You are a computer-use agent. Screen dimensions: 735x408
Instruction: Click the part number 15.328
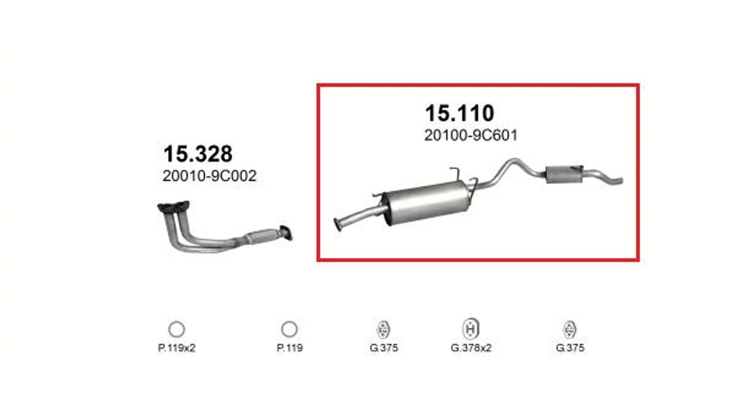(x=198, y=154)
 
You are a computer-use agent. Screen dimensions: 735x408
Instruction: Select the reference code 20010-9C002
(x=210, y=176)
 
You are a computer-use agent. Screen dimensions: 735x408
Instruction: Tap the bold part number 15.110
(x=459, y=113)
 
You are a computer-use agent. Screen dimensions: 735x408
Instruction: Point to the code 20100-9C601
(x=471, y=135)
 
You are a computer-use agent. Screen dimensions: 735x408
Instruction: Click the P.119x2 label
(x=176, y=348)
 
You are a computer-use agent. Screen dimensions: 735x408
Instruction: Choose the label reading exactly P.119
(x=290, y=348)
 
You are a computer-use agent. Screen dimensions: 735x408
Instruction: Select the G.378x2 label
(x=471, y=348)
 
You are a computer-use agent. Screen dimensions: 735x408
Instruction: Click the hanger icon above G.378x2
(x=470, y=328)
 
